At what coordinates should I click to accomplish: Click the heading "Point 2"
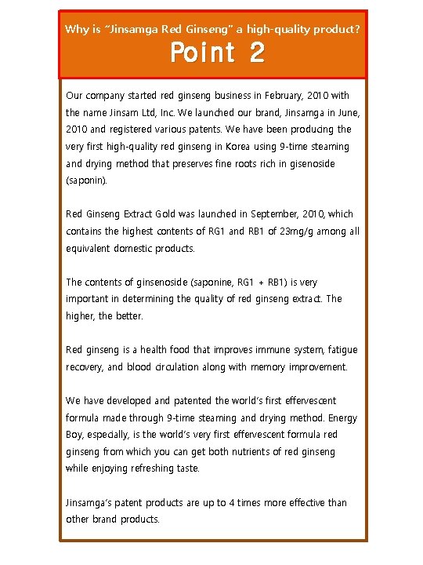point(217,53)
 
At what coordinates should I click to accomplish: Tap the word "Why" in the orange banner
point(77,30)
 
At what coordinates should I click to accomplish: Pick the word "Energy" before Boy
point(343,418)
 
